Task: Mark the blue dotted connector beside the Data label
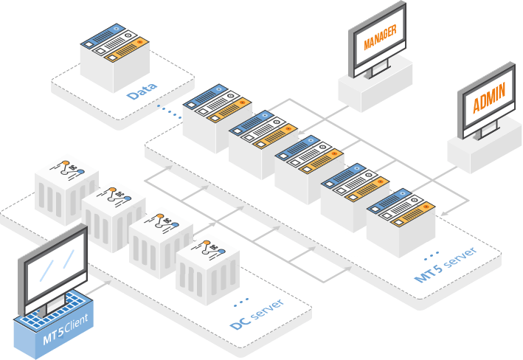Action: click(170, 111)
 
